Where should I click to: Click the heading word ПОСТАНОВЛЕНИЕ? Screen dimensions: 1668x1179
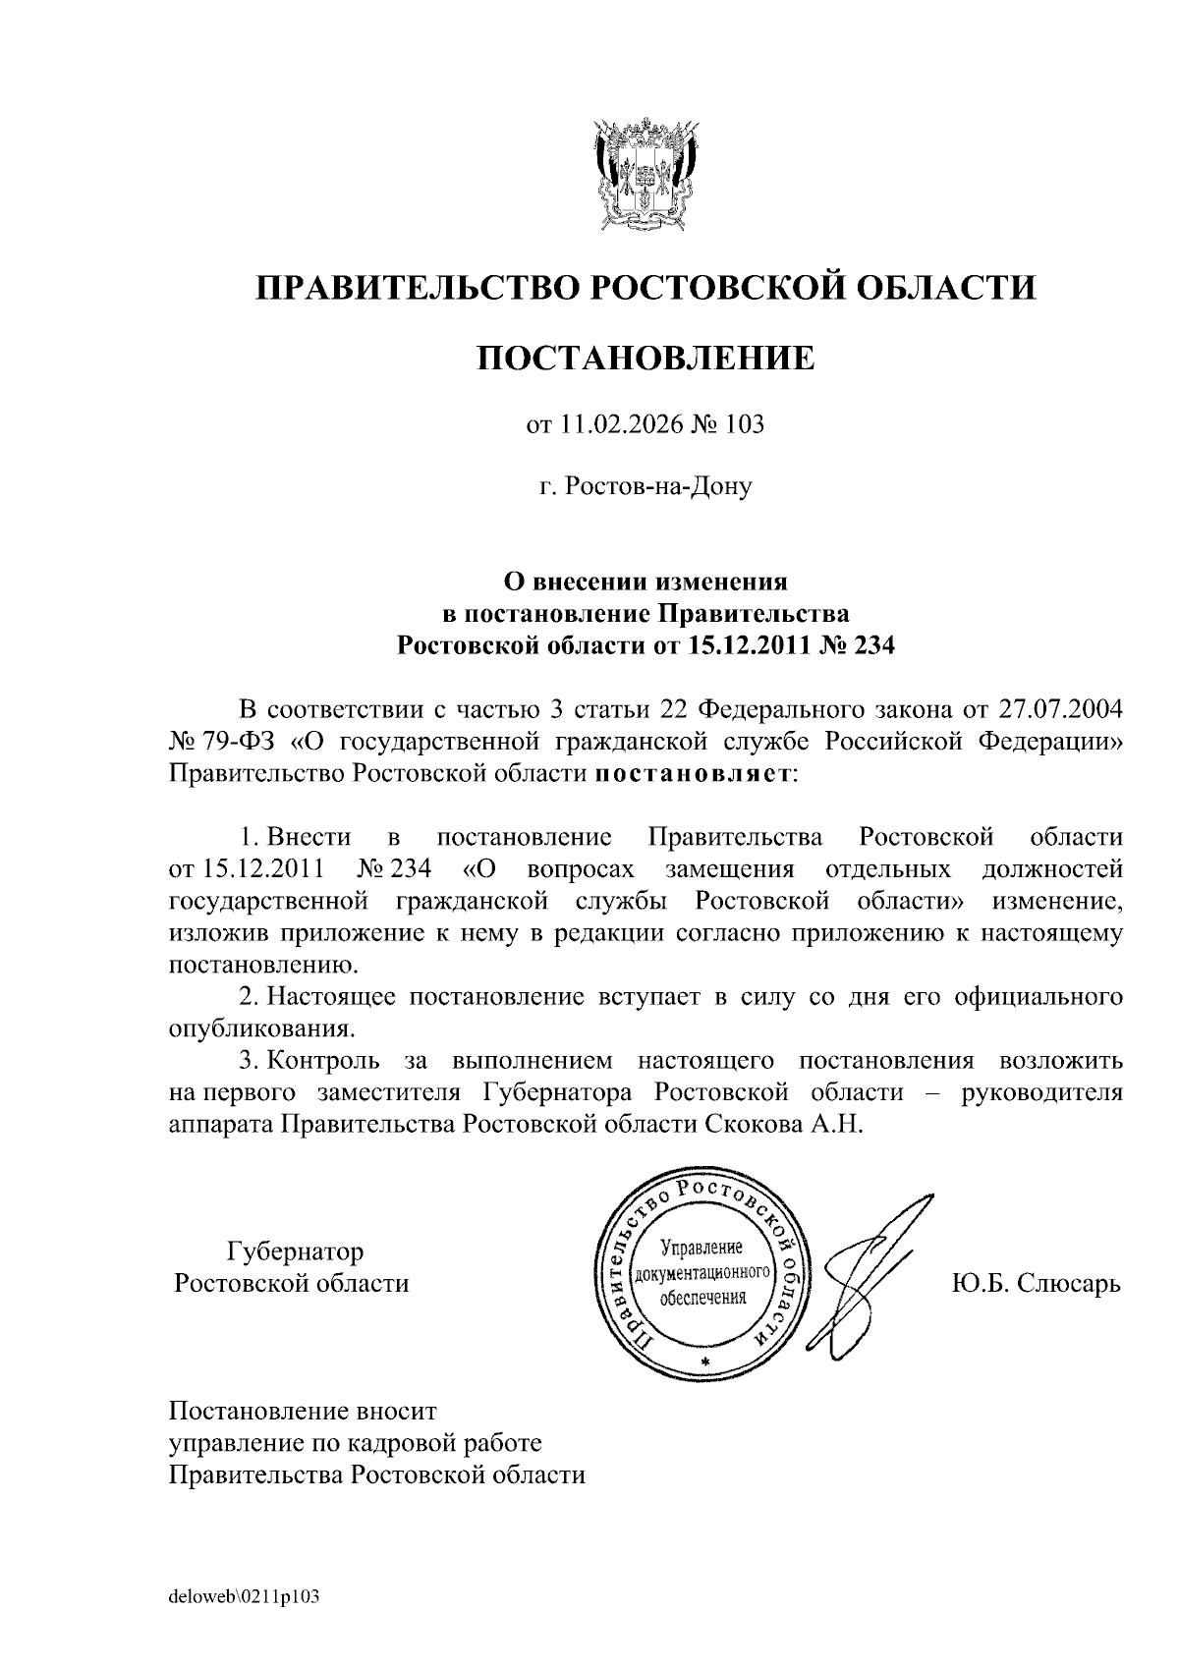coord(646,358)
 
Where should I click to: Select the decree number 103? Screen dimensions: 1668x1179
coord(744,425)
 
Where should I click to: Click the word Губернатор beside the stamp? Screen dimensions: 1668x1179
coord(295,1251)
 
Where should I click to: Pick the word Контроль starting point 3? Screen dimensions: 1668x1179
coord(323,1061)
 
